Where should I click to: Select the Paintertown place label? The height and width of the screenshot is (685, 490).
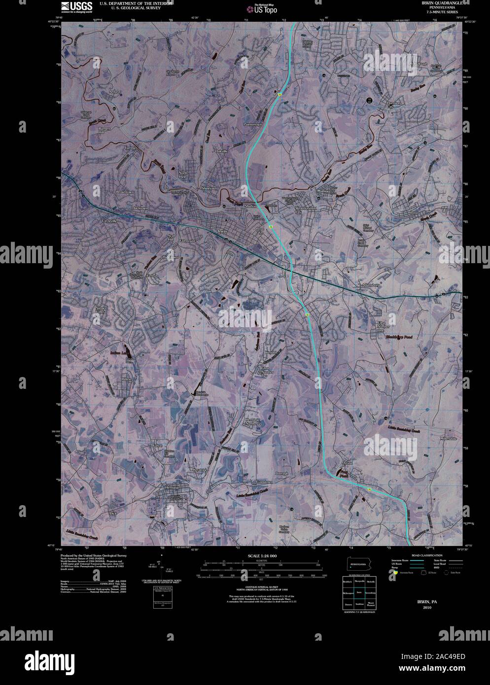coord(255,124)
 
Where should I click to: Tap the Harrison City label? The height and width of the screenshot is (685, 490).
coord(394,104)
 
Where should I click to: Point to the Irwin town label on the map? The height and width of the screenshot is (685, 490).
coord(222,231)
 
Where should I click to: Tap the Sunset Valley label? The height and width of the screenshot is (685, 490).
coord(101,310)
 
